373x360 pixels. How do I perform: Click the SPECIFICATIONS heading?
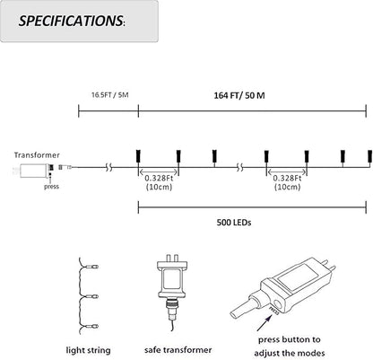point(72,21)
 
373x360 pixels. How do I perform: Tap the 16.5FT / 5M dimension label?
point(110,95)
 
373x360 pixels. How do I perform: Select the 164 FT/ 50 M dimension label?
point(239,96)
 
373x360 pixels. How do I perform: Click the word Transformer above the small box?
point(37,155)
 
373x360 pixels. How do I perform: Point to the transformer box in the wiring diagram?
point(33,171)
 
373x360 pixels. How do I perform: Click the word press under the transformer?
point(51,187)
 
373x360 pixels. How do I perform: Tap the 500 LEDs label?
point(234,223)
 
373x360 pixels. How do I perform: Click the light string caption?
point(88,350)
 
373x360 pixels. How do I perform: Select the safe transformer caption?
point(178,350)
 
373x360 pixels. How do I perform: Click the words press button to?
point(290,339)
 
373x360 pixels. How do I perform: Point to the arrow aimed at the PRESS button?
point(265,322)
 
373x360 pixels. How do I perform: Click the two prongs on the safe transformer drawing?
point(172,258)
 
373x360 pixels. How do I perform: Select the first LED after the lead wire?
point(138,156)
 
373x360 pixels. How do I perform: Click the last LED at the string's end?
point(369,156)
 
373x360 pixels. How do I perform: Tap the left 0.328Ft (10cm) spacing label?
point(159,182)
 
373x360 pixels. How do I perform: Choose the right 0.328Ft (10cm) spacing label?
point(287,182)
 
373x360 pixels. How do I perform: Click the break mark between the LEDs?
point(239,167)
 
